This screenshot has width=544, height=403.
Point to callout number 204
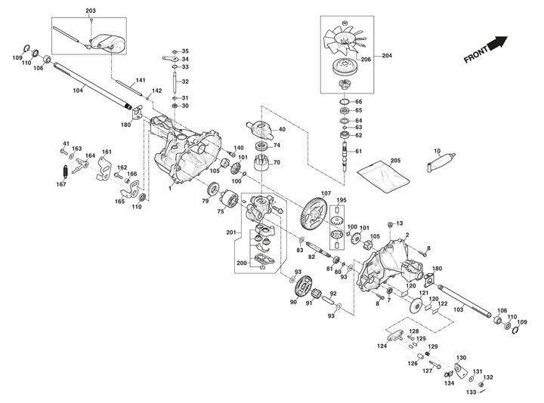(x=388, y=56)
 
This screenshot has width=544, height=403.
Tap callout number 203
(x=91, y=10)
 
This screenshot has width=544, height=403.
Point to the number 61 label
(x=359, y=152)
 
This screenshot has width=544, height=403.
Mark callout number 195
(x=341, y=200)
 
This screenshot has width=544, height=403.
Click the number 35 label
(x=185, y=51)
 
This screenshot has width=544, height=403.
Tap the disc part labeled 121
(x=413, y=309)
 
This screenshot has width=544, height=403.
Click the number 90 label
(x=293, y=302)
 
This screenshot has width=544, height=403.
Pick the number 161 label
(x=107, y=152)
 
